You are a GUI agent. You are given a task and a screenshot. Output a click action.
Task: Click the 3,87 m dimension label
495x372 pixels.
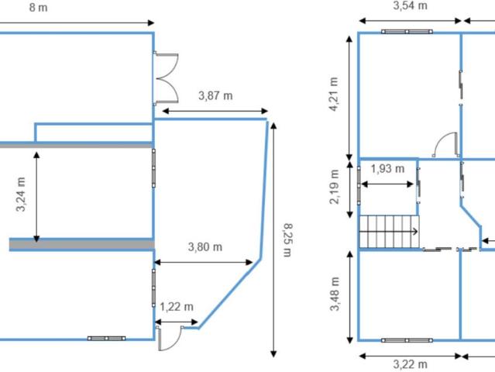[x=215, y=95]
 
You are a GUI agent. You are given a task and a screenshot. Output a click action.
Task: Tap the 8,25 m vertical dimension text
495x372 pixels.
[x=287, y=240]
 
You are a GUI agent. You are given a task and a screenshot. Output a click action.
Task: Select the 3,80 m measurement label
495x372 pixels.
[x=205, y=246]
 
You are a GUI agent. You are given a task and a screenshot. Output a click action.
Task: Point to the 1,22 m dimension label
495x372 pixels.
[x=177, y=307]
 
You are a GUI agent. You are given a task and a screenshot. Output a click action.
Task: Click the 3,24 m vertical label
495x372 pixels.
[x=21, y=195]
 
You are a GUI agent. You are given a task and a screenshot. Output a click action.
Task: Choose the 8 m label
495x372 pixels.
[x=39, y=8]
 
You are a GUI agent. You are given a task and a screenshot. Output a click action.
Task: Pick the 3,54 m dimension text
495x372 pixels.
[x=410, y=5]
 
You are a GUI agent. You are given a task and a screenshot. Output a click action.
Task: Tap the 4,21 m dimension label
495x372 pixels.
[x=333, y=94]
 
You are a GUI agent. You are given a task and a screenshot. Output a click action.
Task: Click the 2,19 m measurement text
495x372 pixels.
[x=334, y=187]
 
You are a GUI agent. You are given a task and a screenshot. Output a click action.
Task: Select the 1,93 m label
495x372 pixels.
[x=387, y=169]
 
